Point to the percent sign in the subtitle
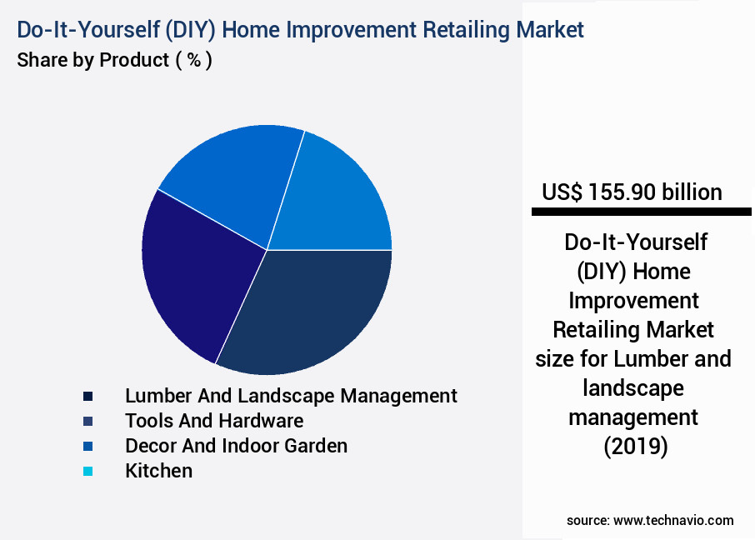coord(193,61)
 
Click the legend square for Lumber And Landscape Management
coord(87,396)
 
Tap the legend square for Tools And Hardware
coord(87,421)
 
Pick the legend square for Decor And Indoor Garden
coord(87,446)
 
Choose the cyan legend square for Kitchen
coord(87,472)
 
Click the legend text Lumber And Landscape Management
coord(291,395)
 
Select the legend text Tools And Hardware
coord(214,420)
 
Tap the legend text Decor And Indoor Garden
coord(236,445)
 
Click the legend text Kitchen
coord(158,471)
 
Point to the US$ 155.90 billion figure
coord(632,192)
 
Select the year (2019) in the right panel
coord(634,447)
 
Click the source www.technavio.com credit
coord(650,520)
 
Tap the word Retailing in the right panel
coord(595,329)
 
